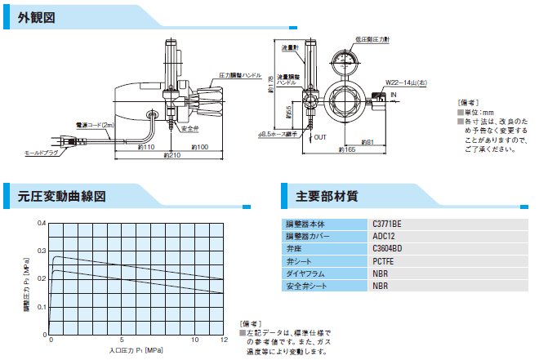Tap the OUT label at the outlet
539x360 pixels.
tap(320, 138)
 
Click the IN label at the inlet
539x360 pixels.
tap(394, 96)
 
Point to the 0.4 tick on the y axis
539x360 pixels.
tap(41, 223)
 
